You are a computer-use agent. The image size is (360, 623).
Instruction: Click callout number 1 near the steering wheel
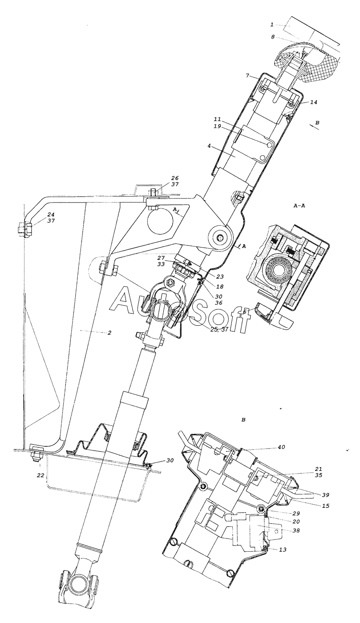[272, 25]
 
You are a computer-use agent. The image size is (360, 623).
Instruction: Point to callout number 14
[314, 102]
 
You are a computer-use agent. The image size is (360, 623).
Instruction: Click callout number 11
[217, 119]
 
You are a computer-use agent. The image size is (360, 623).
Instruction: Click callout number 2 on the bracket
[109, 332]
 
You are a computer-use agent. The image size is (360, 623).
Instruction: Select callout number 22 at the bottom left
[40, 475]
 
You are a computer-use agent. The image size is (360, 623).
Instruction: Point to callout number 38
[288, 530]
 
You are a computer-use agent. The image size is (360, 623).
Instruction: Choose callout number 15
[325, 506]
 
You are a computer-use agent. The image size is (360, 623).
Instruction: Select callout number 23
[220, 277]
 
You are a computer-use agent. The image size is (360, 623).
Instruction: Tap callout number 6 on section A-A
[245, 312]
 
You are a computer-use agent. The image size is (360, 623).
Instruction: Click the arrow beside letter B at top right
[314, 127]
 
